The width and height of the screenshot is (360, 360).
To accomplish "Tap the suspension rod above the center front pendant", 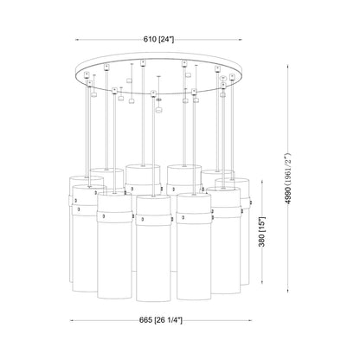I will [x=153, y=147].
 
